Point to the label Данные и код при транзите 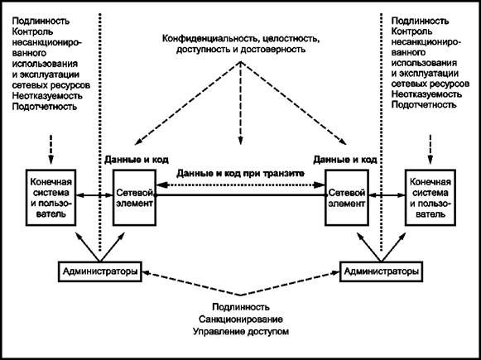[240, 174]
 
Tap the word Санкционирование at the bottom [241, 319]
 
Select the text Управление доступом [241, 332]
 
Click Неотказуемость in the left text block [47, 95]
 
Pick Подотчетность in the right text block [424, 104]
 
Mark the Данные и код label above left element [137, 160]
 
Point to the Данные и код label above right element [345, 160]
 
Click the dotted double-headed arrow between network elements [240, 185]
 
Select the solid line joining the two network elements [240, 194]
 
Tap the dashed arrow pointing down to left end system [51, 149]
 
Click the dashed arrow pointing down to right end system [430, 149]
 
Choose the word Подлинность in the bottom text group [241, 307]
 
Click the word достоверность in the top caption [273, 50]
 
